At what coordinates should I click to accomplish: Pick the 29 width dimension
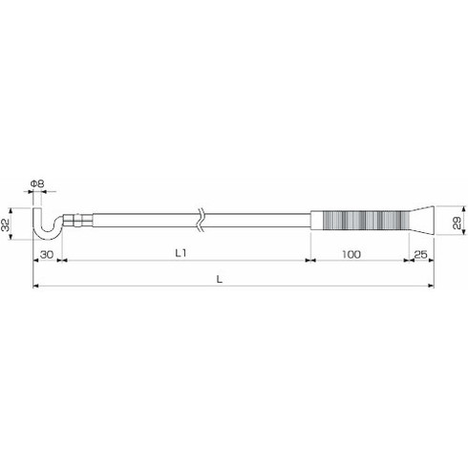tap(457, 222)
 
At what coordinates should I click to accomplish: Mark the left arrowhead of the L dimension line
tap(35, 286)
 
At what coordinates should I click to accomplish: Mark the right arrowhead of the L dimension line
tap(431, 286)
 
